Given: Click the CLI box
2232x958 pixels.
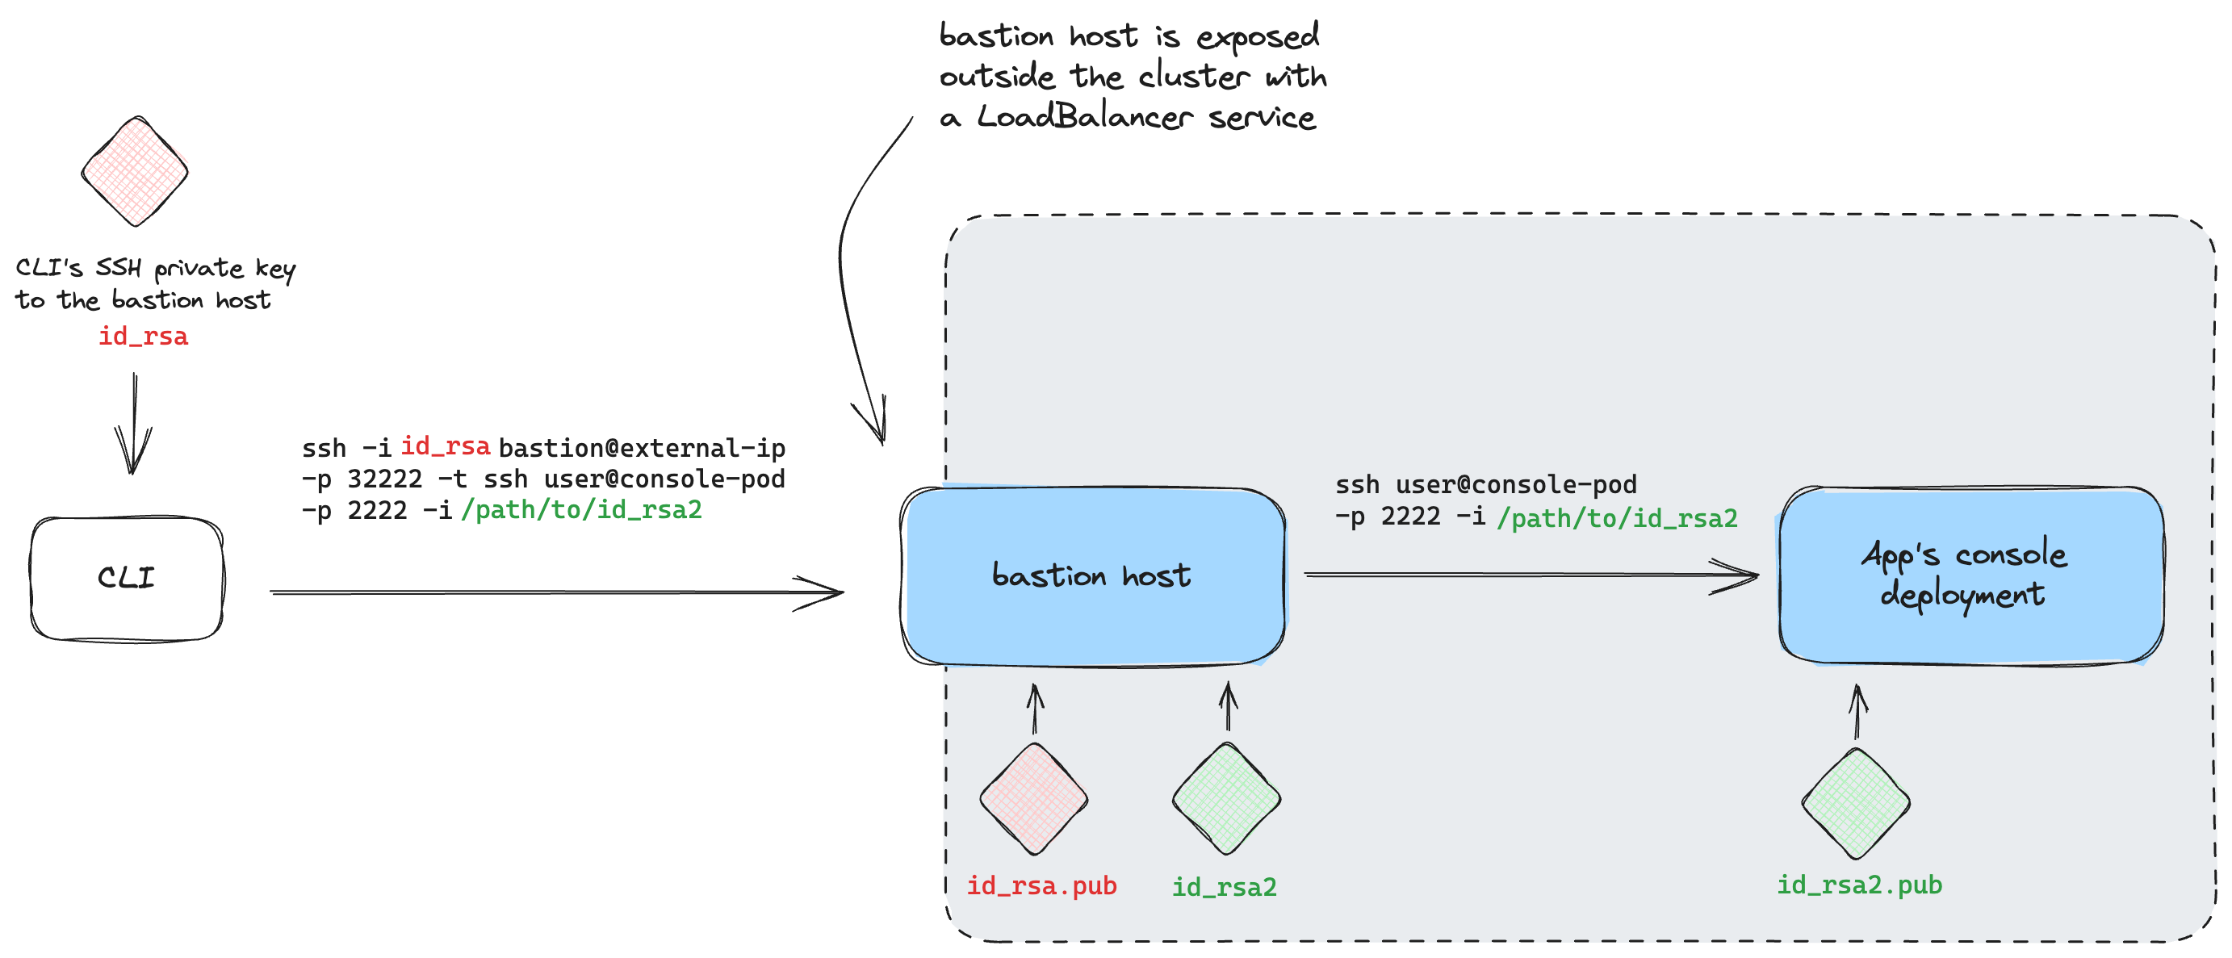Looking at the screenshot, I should point(127,579).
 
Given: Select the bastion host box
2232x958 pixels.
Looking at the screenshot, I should point(1091,576).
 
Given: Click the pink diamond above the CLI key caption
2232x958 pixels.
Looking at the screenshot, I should point(134,172).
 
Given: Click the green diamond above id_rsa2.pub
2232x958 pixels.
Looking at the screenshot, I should point(1855,803).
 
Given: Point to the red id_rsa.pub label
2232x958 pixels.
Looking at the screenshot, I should point(1041,885).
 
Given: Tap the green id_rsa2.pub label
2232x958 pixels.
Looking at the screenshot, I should point(1859,885).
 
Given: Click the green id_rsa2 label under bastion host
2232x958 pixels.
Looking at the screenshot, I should point(1225,887).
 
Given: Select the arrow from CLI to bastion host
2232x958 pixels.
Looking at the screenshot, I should point(555,592).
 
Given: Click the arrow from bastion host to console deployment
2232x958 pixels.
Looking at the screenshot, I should point(1529,575).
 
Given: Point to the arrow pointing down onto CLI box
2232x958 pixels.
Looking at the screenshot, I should point(133,425).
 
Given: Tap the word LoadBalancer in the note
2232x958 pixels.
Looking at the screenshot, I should point(1084,116).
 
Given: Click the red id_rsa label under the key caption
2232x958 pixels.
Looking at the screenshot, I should point(143,336).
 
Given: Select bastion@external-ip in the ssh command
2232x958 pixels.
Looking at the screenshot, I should point(641,448).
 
